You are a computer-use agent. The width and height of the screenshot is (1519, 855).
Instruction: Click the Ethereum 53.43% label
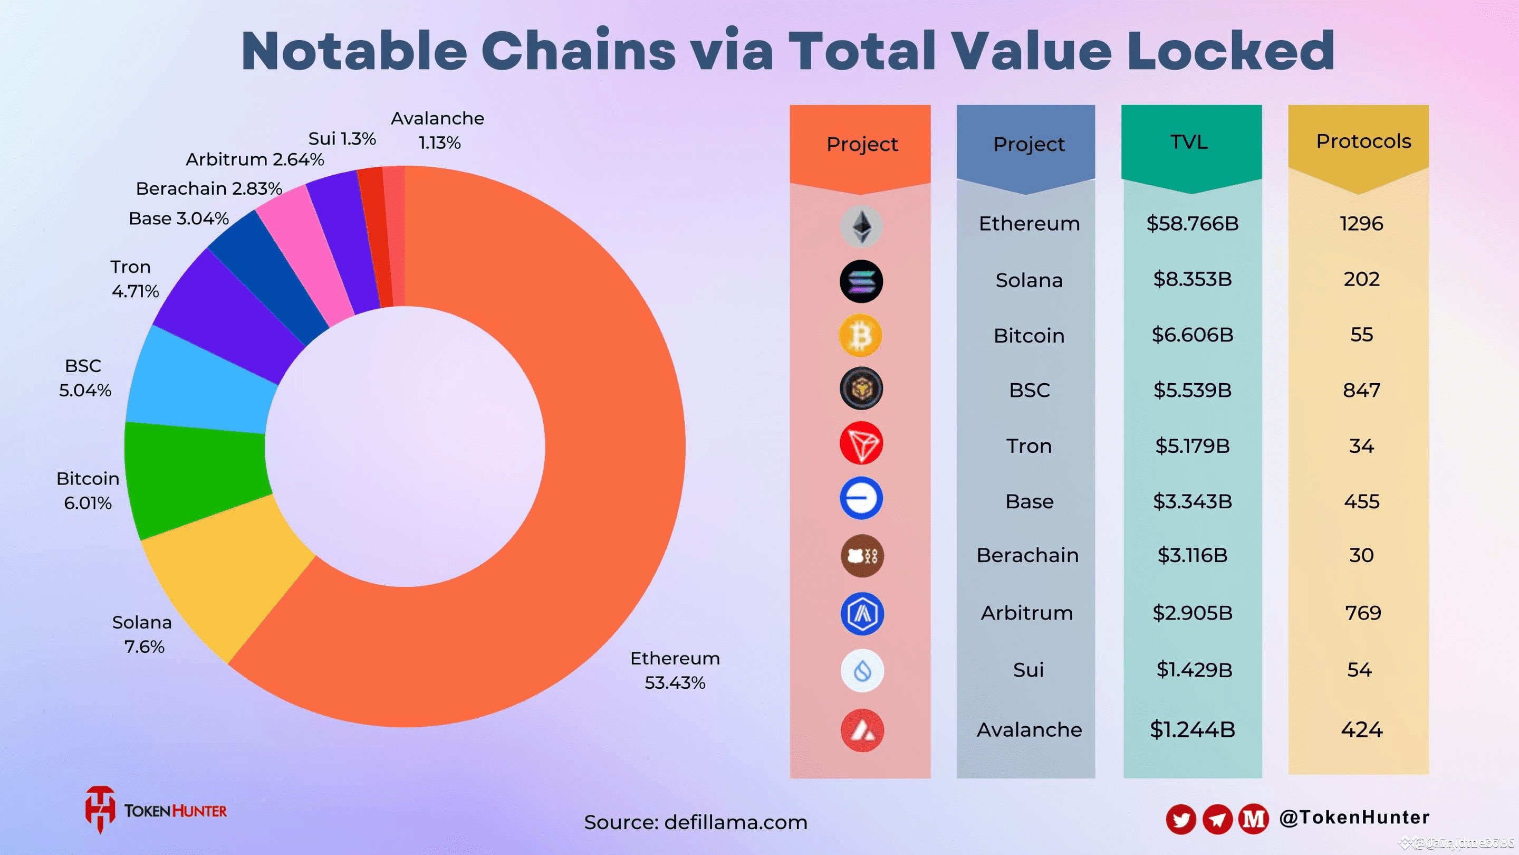pyautogui.click(x=675, y=670)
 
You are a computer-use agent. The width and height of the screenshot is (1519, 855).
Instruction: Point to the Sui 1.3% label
pyautogui.click(x=342, y=139)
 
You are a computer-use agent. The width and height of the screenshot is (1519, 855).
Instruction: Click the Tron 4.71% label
pyautogui.click(x=134, y=279)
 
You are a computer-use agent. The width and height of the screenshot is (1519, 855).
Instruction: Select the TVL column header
pyautogui.click(x=1189, y=142)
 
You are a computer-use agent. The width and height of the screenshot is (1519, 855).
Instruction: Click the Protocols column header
pyautogui.click(x=1363, y=141)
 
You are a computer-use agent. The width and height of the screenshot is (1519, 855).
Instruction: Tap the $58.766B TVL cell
pyautogui.click(x=1192, y=224)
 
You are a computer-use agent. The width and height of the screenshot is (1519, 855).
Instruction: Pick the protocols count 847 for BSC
pyautogui.click(x=1361, y=390)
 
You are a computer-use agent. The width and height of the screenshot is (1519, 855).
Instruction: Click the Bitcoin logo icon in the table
pyautogui.click(x=860, y=335)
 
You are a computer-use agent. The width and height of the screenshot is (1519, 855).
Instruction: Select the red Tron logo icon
pyautogui.click(x=861, y=443)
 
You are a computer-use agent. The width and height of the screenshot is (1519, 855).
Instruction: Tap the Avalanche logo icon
pyautogui.click(x=861, y=730)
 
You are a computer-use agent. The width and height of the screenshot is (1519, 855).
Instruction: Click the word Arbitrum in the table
pyautogui.click(x=1026, y=613)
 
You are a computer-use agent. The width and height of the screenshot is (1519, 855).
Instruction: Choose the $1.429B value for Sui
pyautogui.click(x=1194, y=670)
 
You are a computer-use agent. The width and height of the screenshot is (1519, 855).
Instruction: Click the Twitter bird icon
pyautogui.click(x=1180, y=819)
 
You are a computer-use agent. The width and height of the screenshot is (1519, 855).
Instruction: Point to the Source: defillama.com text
pyautogui.click(x=695, y=822)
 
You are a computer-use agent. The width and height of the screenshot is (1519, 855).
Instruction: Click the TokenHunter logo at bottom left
pyautogui.click(x=156, y=810)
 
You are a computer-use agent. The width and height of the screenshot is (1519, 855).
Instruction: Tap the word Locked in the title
pyautogui.click(x=1230, y=51)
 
